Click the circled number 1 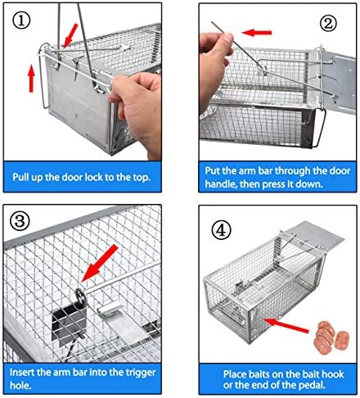[x=20, y=21]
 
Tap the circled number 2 [x=328, y=23]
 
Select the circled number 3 [x=20, y=221]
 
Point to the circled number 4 [x=221, y=230]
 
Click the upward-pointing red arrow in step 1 [x=32, y=79]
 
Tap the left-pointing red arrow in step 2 [x=257, y=33]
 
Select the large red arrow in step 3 [x=100, y=263]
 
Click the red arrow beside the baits [x=286, y=325]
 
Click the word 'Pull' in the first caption [x=21, y=178]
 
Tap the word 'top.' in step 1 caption [x=142, y=178]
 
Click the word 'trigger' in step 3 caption [x=141, y=372]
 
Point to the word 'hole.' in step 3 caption [x=20, y=385]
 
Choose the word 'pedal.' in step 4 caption [x=313, y=385]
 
